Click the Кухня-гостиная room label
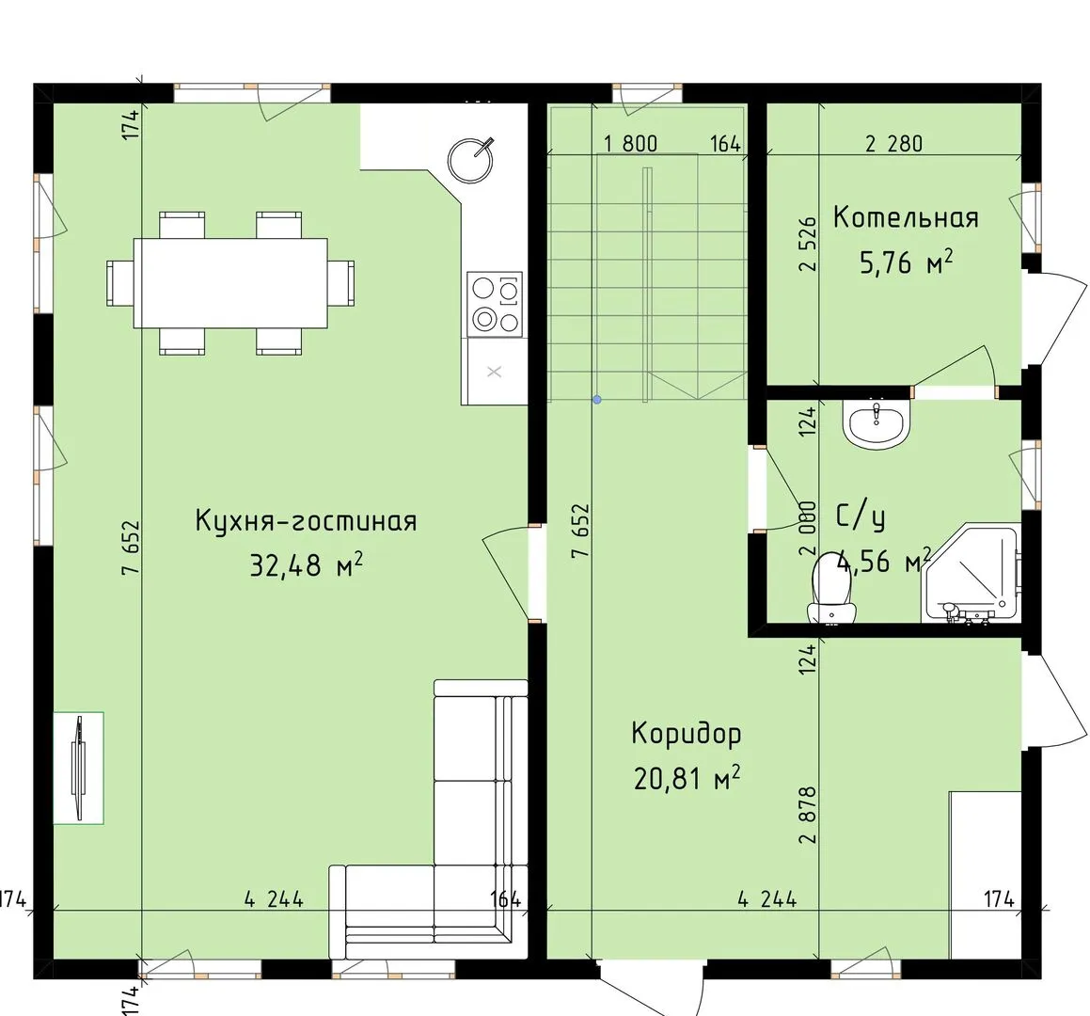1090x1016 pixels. [306, 520]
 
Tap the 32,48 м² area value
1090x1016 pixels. [306, 564]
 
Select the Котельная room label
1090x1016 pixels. [906, 217]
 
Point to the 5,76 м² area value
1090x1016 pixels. [906, 262]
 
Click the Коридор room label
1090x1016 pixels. [687, 734]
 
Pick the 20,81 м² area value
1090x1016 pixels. [687, 778]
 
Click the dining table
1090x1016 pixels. [230, 283]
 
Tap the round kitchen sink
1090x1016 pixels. [470, 161]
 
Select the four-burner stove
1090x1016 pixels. [495, 304]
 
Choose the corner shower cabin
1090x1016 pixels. [972, 574]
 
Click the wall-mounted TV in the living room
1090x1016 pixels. [79, 769]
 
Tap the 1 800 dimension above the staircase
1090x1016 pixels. [630, 144]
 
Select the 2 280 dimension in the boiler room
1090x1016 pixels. [894, 144]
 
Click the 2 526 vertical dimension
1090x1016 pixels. [808, 244]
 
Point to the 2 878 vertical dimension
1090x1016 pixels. [808, 815]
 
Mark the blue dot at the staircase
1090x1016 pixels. [597, 400]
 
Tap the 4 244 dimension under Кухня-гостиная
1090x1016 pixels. [274, 899]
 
